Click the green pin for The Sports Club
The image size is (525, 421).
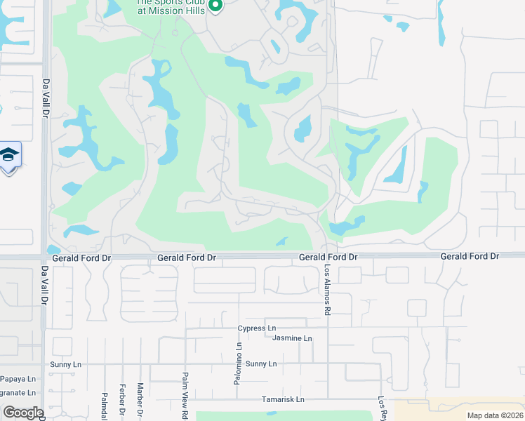coord(215,6)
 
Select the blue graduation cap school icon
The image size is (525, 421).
coord(9,155)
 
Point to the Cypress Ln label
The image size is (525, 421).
coord(256,328)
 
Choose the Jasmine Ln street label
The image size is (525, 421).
coord(291,338)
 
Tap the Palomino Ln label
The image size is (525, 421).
coord(239,355)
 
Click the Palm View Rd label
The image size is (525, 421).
coord(185,396)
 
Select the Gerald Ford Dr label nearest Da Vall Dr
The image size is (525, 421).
coord(86,258)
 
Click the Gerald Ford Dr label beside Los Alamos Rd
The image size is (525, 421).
coord(328,258)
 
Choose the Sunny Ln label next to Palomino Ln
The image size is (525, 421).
coord(261,364)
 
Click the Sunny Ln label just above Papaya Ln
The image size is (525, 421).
coord(67,365)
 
